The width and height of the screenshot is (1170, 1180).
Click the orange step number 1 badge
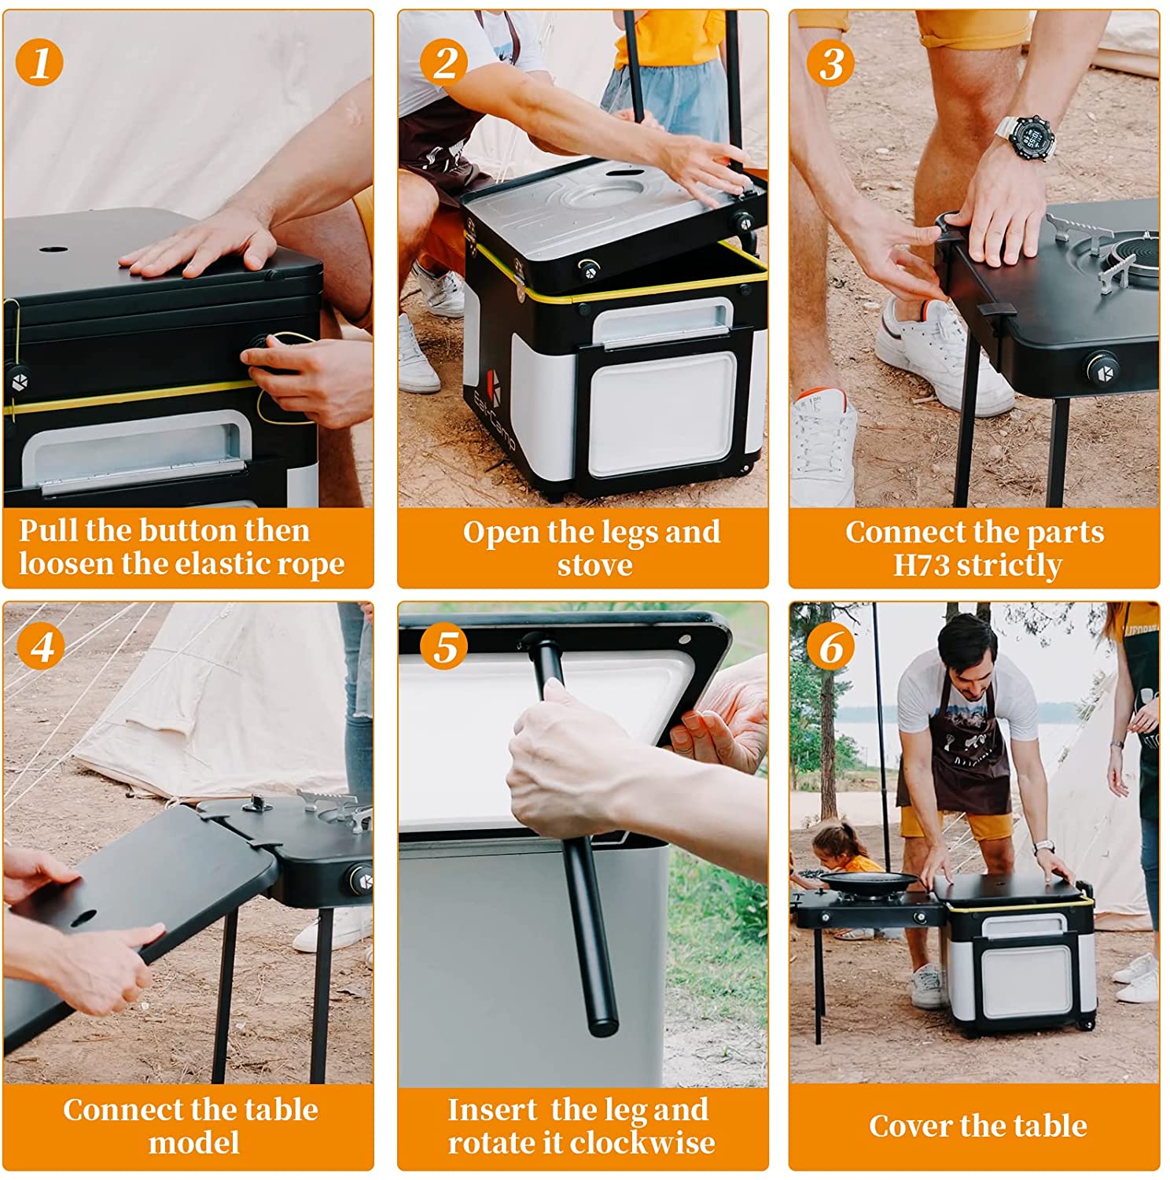(39, 62)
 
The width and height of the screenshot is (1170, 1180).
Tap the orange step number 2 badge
(444, 62)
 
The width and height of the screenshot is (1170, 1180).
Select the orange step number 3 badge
(831, 63)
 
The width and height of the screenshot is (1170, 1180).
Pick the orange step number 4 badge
(41, 647)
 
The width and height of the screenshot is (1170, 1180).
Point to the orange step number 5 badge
(445, 647)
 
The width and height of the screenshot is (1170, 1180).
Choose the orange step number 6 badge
(831, 647)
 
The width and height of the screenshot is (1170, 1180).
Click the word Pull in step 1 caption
(49, 530)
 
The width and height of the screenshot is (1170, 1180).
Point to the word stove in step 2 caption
(595, 565)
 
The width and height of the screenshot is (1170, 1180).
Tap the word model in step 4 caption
(194, 1142)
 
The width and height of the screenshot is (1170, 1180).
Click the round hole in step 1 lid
(53, 250)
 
